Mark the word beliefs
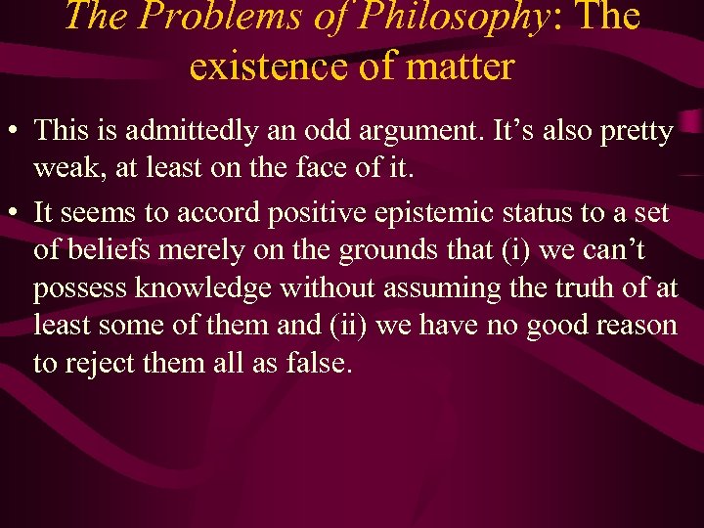point(102,250)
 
